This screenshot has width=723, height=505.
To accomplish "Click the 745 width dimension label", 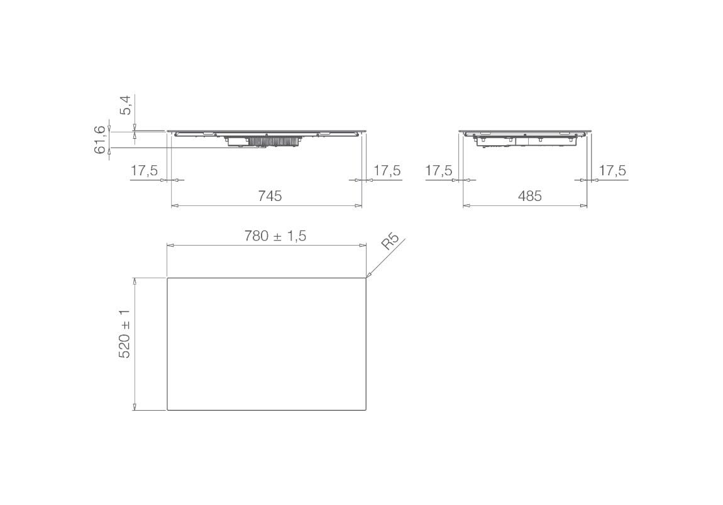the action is (270, 197).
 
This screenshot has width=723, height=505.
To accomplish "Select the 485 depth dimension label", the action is (529, 197).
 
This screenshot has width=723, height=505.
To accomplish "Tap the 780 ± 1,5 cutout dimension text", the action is (275, 236).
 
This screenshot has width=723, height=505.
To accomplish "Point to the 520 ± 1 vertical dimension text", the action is (124, 334).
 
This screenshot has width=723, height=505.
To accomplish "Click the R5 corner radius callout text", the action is (390, 241).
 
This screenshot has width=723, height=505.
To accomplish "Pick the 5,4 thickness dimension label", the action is (126, 105).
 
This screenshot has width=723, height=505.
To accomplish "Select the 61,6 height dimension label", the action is (100, 141).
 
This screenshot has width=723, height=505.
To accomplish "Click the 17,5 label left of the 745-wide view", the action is (144, 170).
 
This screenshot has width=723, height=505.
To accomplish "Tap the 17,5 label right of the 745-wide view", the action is (387, 170).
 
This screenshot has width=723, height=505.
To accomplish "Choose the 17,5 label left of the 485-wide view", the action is (438, 170).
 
